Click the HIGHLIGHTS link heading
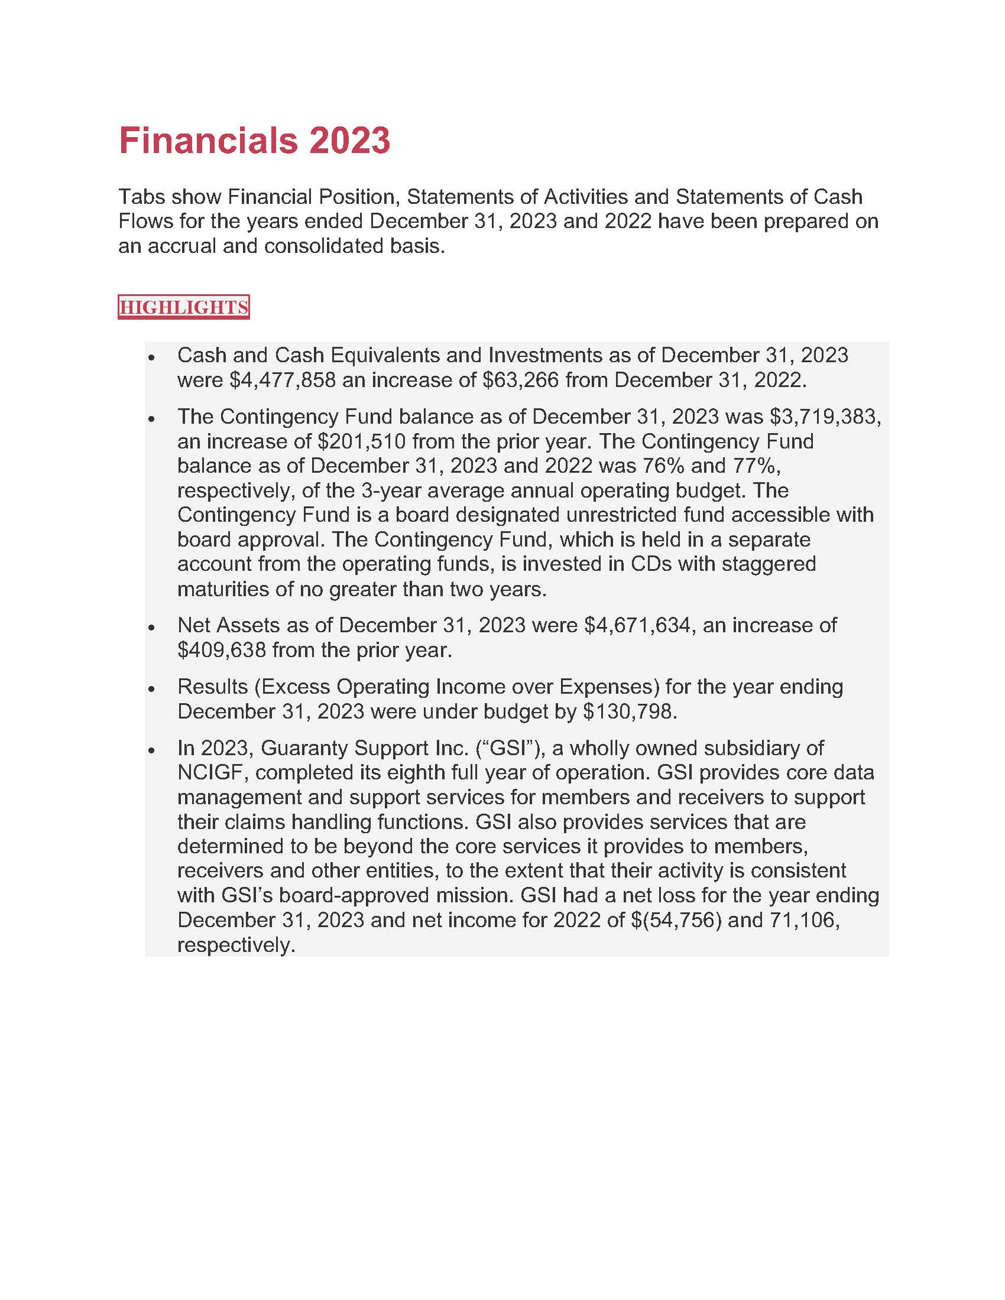(183, 307)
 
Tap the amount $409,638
(222, 650)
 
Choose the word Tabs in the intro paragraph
(140, 196)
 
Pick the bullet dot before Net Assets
(152, 628)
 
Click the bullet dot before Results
(152, 688)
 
